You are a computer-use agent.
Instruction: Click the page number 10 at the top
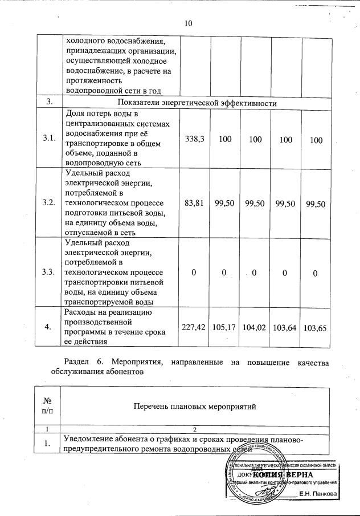click(189, 23)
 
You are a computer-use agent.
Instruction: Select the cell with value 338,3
click(194, 140)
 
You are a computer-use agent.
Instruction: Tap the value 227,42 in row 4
click(194, 327)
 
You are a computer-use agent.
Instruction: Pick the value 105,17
click(224, 327)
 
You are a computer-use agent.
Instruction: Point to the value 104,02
click(255, 327)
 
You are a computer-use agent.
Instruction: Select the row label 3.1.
click(50, 140)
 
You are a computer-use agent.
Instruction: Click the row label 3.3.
click(50, 272)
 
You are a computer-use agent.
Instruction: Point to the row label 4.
click(50, 327)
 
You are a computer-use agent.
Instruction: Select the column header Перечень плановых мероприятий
click(195, 407)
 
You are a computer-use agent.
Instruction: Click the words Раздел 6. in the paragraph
click(82, 362)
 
